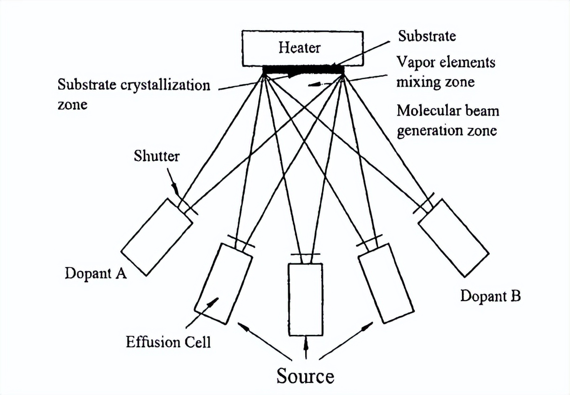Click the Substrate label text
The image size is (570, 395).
point(427,36)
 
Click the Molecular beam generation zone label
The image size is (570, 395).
point(447,120)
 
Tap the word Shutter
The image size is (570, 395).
point(156,156)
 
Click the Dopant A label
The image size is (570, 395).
point(96,273)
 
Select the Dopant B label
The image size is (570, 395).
point(490,296)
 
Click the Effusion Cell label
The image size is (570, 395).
point(168,342)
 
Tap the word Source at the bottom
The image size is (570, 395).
point(305,376)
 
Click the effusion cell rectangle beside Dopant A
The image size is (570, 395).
point(157,236)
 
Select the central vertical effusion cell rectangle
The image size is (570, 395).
point(305,299)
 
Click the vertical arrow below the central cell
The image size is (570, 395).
point(306,347)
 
